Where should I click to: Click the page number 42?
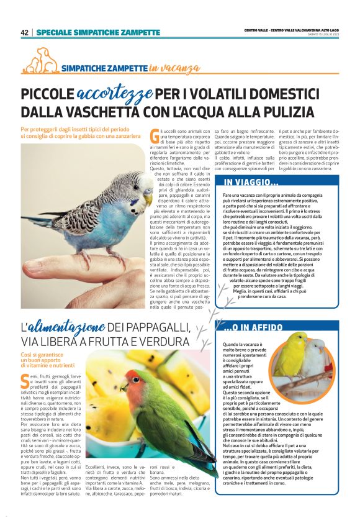tap(24, 32)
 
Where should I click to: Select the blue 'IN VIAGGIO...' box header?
tap(251, 182)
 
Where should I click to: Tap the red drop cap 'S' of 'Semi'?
tap(24, 380)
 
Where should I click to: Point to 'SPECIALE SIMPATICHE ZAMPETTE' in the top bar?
tap(98, 32)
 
